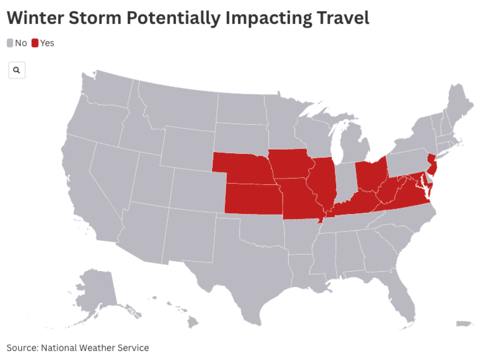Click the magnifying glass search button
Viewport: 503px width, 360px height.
point(17,70)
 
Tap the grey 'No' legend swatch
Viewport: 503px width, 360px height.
point(10,43)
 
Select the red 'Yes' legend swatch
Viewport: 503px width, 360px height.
point(35,43)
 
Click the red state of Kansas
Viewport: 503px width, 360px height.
point(251,199)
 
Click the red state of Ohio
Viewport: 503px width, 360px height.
point(371,174)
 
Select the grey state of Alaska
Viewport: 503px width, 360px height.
point(96,294)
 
